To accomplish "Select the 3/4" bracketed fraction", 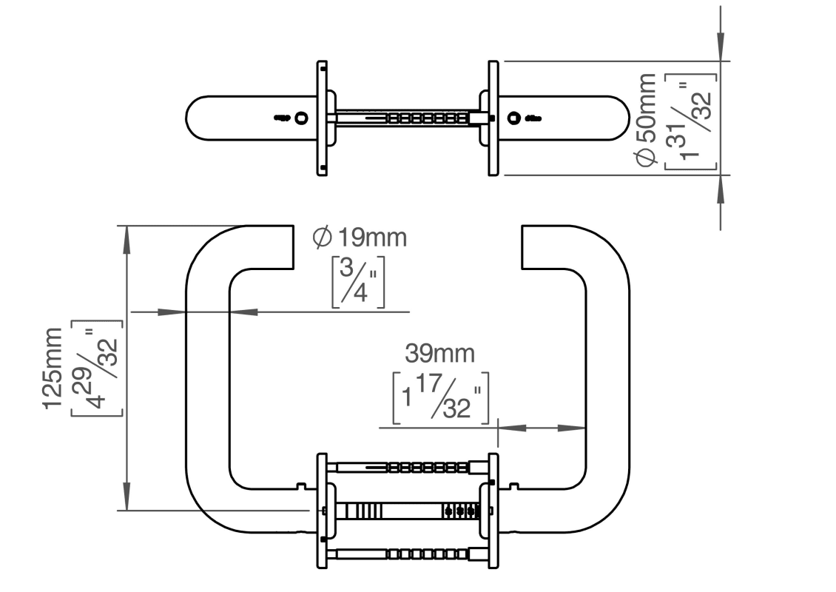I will point(357,281).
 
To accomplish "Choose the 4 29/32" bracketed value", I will point(96,368).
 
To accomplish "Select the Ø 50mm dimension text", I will point(646,118).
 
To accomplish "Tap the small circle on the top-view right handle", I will point(513,118).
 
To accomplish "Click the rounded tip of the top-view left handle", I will point(191,118).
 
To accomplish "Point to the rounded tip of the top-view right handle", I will point(624,118).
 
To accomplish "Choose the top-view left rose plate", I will point(322,118).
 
